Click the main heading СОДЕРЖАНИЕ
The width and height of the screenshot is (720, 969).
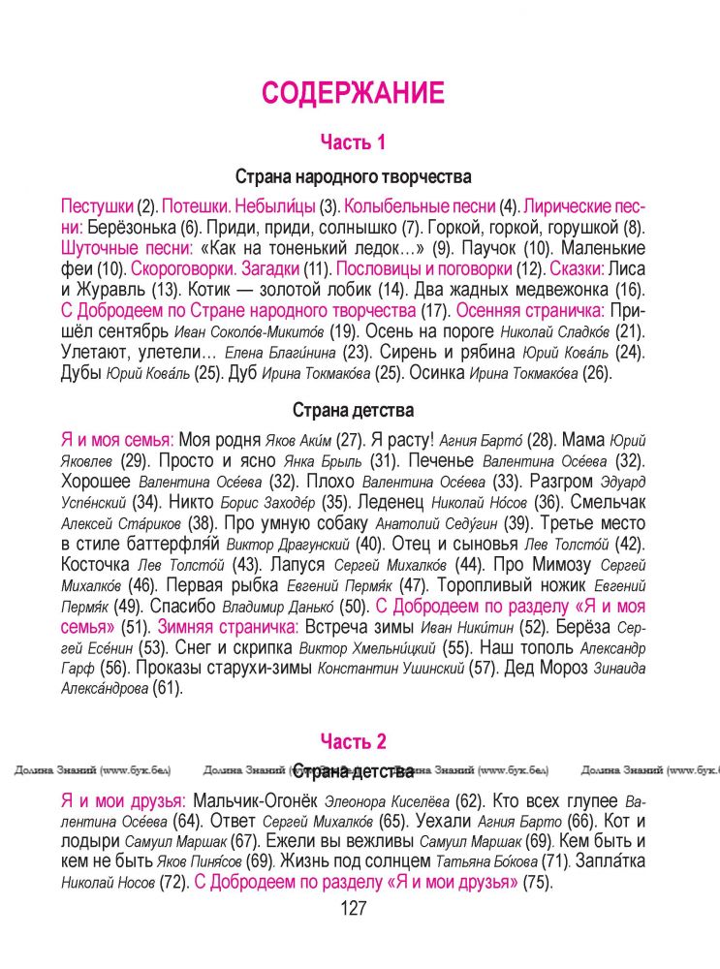click(353, 93)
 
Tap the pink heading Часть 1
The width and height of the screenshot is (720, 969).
click(353, 142)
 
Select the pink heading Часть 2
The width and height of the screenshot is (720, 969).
click(353, 742)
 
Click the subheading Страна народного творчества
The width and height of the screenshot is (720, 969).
click(353, 177)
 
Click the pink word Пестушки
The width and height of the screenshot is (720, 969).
click(97, 206)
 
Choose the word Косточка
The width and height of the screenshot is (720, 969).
click(95, 565)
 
